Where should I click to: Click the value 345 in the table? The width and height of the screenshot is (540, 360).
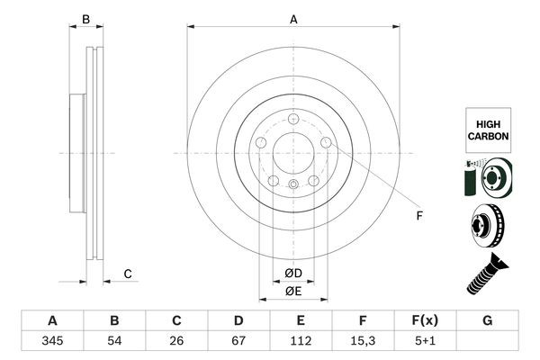(x=52, y=342)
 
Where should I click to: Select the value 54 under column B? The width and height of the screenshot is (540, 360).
(x=114, y=342)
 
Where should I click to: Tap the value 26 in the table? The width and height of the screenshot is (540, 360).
(x=177, y=342)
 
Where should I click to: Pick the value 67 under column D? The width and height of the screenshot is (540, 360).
(x=238, y=342)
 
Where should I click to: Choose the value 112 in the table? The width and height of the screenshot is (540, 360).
(x=301, y=342)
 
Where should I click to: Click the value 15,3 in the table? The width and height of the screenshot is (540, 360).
(x=363, y=342)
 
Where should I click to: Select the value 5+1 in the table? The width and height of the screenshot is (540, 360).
(x=425, y=342)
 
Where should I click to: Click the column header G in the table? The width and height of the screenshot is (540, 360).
(x=487, y=320)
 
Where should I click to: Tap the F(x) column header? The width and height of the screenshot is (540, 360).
(x=425, y=320)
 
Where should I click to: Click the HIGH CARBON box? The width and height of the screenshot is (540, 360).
(x=487, y=128)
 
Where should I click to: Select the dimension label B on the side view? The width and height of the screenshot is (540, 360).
(x=86, y=19)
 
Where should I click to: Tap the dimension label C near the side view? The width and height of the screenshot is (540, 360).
(x=128, y=274)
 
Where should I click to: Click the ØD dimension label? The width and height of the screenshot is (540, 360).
(x=293, y=273)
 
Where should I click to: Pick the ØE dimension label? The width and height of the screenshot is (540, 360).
(x=293, y=291)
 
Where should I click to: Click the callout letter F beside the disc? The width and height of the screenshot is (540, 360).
(x=418, y=216)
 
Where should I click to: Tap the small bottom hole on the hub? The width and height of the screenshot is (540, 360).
(x=293, y=184)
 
